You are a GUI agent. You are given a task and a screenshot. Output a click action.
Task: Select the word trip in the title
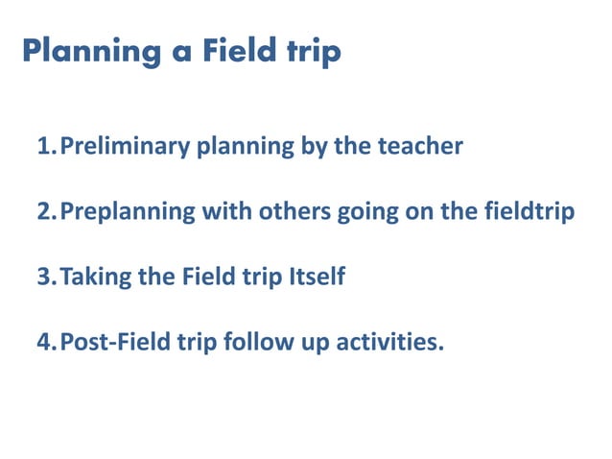point(316,52)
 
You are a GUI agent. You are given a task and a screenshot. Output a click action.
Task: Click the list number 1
point(44,147)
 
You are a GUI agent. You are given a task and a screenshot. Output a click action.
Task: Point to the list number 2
point(44,212)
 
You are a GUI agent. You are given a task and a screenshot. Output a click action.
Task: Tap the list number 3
point(44,278)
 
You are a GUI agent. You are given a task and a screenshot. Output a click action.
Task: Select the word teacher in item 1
point(420,147)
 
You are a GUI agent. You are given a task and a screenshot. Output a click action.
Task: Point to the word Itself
point(317,278)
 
